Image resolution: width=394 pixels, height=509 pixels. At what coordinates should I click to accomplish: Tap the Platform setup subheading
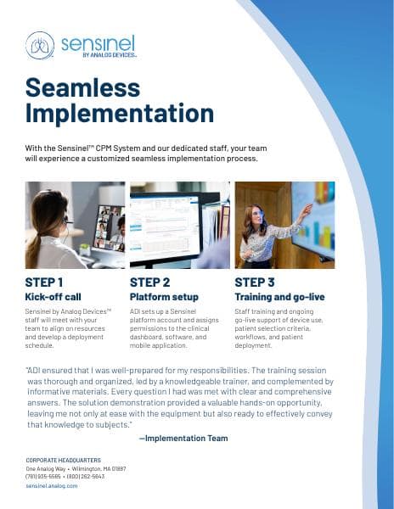point(165,297)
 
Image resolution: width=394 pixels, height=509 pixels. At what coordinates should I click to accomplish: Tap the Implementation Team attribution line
point(183,438)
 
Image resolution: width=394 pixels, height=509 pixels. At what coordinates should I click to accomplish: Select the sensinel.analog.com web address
point(52,485)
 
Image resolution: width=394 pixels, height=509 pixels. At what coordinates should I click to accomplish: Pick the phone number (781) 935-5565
point(44,476)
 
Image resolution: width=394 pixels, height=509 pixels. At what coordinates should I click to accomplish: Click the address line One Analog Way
point(48,468)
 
